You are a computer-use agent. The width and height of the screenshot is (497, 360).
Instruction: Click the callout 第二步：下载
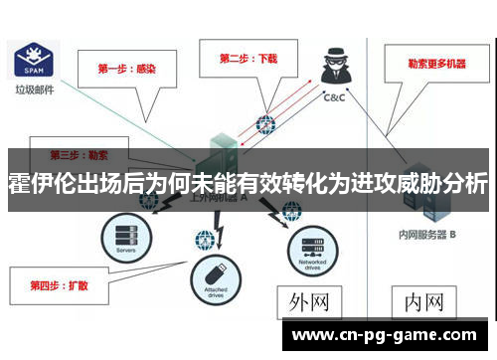[x=249, y=59]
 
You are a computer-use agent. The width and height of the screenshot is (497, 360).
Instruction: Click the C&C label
[x=335, y=98]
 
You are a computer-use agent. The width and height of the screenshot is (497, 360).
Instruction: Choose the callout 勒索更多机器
[x=435, y=64]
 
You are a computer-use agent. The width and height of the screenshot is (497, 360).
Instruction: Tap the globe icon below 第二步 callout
[x=264, y=124]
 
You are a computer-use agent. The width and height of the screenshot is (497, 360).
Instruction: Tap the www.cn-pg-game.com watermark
[x=386, y=336]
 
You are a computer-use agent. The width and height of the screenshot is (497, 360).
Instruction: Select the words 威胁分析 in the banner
[x=439, y=184]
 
